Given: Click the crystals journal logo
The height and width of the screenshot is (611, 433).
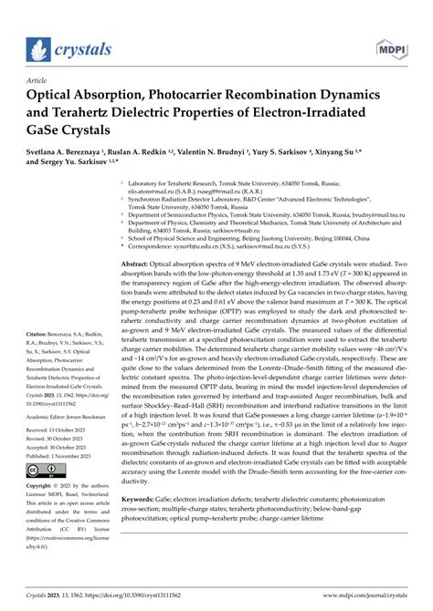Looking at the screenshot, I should click(x=70, y=48).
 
